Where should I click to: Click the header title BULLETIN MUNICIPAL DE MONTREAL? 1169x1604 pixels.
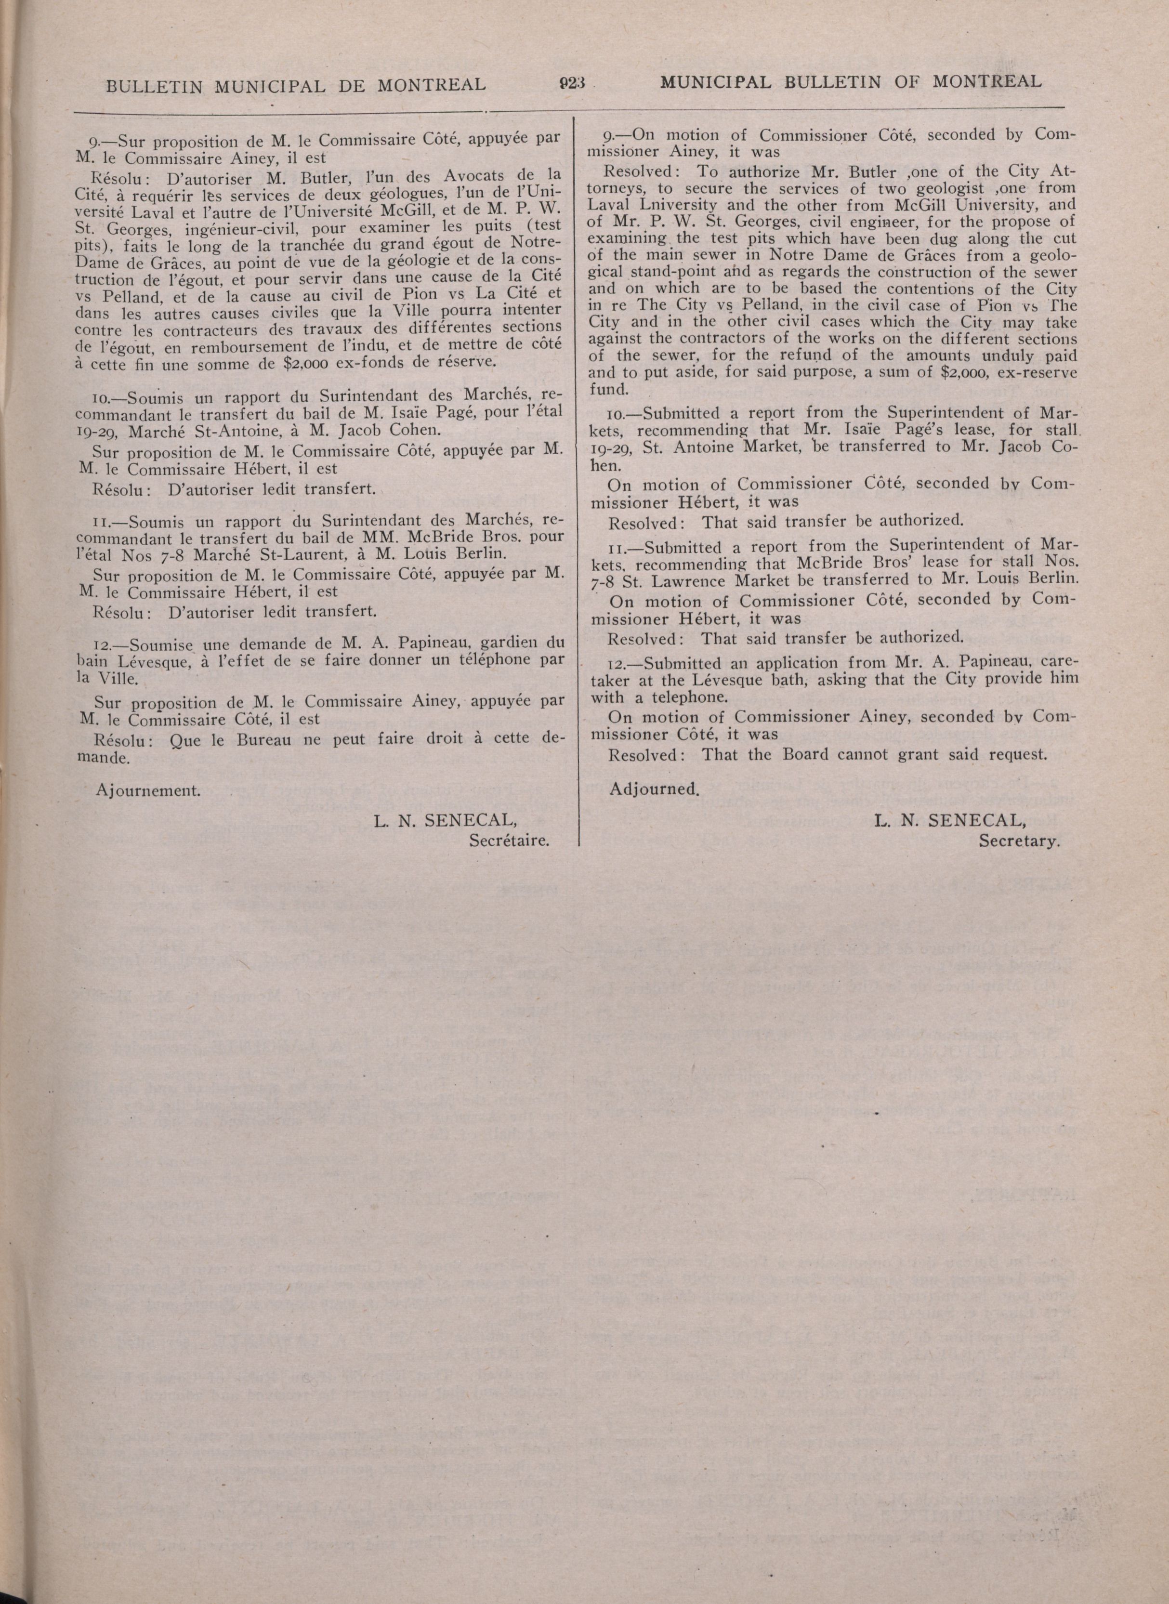tap(296, 85)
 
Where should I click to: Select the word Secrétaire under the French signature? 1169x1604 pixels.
tap(510, 841)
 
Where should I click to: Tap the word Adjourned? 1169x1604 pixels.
tap(654, 789)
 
